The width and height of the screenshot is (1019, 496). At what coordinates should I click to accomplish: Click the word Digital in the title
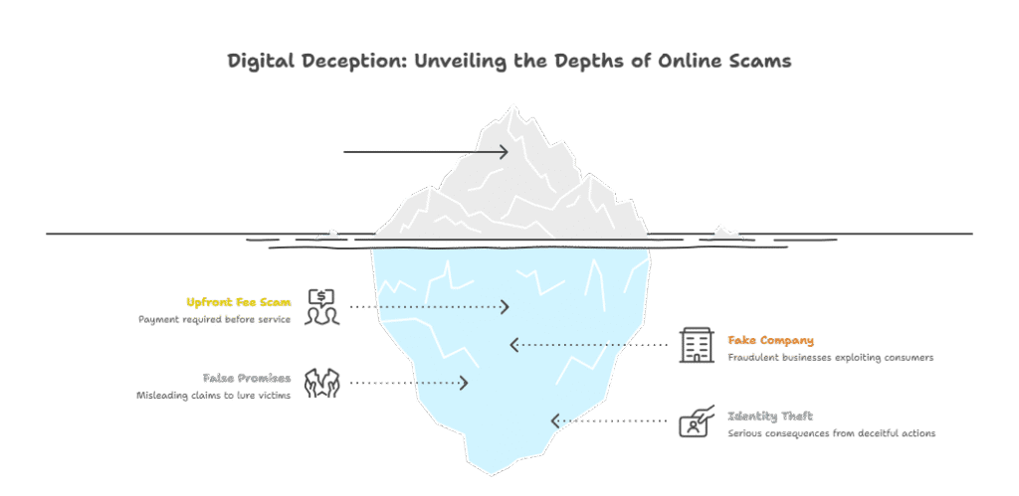pyautogui.click(x=255, y=62)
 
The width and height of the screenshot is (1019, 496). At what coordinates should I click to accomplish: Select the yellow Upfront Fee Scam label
pyautogui.click(x=239, y=302)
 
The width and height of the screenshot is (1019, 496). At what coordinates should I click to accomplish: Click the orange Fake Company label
pyautogui.click(x=771, y=340)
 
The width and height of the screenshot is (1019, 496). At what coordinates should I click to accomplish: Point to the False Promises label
pyautogui.click(x=247, y=378)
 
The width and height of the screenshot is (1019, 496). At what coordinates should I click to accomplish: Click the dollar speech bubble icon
pyautogui.click(x=323, y=306)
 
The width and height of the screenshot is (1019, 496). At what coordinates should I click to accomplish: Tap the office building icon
pyautogui.click(x=696, y=345)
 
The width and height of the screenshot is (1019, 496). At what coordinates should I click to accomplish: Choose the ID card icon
pyautogui.click(x=697, y=420)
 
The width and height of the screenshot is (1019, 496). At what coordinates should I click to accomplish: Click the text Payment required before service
pyautogui.click(x=215, y=319)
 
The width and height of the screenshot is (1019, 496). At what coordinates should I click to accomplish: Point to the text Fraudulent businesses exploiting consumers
pyautogui.click(x=831, y=357)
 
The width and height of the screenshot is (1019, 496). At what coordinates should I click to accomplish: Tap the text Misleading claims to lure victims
pyautogui.click(x=213, y=396)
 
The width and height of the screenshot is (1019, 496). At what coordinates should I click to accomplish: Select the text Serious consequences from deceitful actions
pyautogui.click(x=832, y=433)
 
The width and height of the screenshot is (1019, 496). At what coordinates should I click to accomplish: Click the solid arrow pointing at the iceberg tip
pyautogui.click(x=426, y=152)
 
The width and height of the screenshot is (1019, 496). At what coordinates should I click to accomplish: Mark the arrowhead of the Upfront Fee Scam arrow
pyautogui.click(x=505, y=306)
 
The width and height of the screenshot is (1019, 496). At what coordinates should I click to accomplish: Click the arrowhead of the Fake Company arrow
pyautogui.click(x=514, y=345)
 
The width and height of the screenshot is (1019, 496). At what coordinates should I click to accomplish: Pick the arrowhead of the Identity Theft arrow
pyautogui.click(x=555, y=420)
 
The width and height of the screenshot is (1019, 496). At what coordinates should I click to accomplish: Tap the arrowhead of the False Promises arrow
pyautogui.click(x=464, y=383)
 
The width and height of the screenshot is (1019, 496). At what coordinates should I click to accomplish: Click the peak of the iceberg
pyautogui.click(x=514, y=105)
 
